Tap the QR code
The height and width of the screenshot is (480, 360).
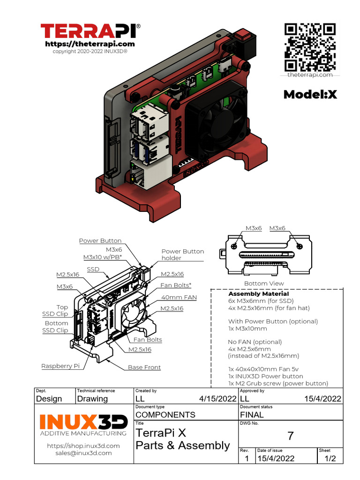(310, 47)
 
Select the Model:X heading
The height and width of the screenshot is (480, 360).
(310, 95)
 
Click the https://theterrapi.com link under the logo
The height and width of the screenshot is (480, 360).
(90, 44)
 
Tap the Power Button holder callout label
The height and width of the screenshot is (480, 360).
(182, 255)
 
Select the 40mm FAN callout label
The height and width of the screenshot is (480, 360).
(179, 297)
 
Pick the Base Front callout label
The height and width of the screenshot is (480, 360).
(144, 367)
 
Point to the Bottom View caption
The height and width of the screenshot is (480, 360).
(263, 284)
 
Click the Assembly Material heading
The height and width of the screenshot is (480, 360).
(258, 293)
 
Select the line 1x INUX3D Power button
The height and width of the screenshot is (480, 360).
(265, 376)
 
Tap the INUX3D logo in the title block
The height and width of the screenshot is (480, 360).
(83, 421)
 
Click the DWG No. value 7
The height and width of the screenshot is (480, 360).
(290, 436)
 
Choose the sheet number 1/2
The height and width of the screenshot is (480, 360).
(330, 458)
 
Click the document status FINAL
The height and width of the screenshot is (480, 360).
(252, 414)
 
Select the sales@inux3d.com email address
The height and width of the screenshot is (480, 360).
(83, 453)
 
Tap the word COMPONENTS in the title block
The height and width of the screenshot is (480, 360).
(165, 414)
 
